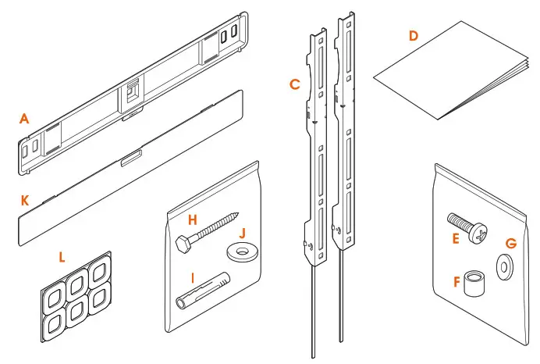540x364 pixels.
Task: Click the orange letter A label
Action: pos(25,119)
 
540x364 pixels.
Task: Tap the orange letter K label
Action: pos(25,201)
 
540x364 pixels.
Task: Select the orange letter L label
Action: pos(63,255)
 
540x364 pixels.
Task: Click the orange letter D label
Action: pos(413,36)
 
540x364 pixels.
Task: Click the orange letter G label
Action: pos(511,244)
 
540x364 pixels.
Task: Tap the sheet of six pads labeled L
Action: pos(76,298)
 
